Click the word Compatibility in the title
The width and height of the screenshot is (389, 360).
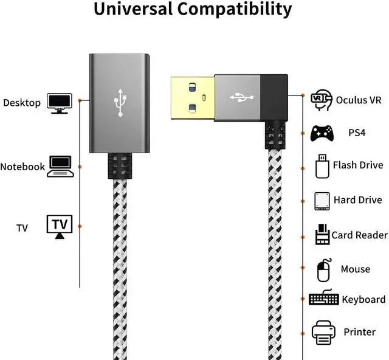[240, 10]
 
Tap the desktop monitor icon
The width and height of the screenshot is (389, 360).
[60, 103]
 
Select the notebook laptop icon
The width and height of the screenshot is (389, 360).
[61, 166]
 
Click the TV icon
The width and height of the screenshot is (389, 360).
[60, 226]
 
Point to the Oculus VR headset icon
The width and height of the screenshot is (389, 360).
[322, 99]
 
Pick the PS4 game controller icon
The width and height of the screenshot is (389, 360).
[322, 133]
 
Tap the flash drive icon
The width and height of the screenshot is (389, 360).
[322, 165]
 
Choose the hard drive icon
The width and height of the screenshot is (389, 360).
[322, 200]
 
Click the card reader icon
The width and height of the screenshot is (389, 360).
[322, 235]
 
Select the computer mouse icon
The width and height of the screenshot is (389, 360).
[325, 269]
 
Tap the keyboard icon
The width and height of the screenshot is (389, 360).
[323, 299]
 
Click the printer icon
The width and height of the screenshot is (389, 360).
[323, 332]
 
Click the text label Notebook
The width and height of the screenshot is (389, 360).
[22, 167]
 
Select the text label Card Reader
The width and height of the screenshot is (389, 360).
[359, 235]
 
